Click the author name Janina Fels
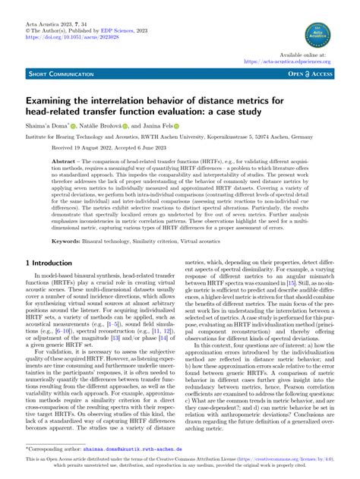pyautogui.click(x=153, y=126)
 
